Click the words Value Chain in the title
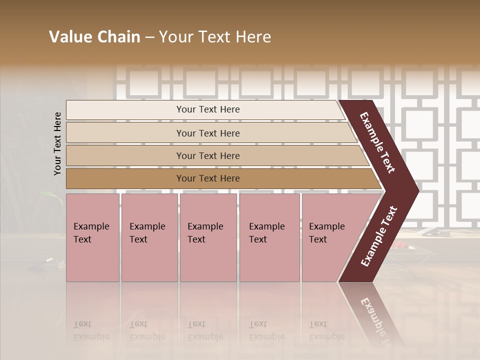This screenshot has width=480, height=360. click(94, 37)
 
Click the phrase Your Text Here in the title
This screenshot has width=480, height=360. click(215, 37)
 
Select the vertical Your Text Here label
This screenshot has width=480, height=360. click(57, 144)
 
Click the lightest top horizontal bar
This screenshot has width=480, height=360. click(207, 109)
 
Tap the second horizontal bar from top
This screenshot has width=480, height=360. click(207, 133)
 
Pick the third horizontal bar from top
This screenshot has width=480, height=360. click(207, 155)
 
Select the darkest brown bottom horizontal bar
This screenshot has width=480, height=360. click(207, 178)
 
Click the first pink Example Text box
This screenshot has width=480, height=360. click(92, 237)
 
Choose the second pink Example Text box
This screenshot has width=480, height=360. click(149, 237)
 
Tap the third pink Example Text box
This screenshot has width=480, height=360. click(207, 237)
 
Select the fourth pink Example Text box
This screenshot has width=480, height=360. click(269, 237)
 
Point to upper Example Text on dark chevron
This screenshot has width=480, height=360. click(377, 142)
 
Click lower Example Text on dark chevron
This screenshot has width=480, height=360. click(379, 236)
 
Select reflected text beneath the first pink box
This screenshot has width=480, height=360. click(91, 330)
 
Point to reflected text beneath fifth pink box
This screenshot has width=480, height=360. click(326, 330)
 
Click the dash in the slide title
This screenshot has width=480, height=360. click(149, 37)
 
